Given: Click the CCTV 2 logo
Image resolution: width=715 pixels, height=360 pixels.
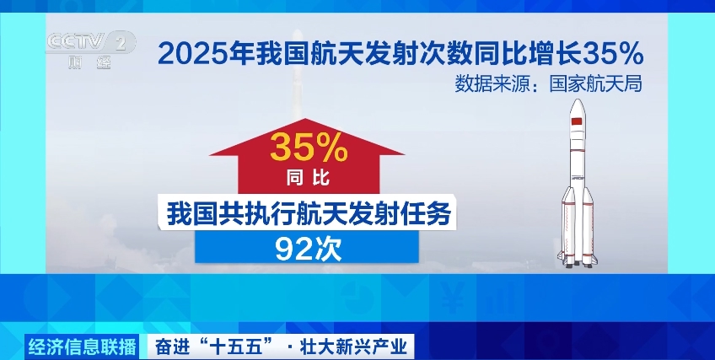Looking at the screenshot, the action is (91, 42).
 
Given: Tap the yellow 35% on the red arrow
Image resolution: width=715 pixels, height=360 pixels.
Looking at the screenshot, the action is (309, 148).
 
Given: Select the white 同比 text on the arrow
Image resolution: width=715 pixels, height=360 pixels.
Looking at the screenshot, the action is (309, 178).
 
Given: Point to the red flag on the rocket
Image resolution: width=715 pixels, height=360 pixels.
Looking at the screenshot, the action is (577, 121).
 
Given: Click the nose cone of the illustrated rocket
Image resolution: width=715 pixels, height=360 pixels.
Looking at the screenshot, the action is (578, 106).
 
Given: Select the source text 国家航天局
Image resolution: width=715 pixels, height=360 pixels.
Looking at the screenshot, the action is (595, 84).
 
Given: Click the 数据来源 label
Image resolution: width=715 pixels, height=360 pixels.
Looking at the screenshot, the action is (491, 84).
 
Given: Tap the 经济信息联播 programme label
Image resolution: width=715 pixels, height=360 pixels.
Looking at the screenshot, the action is (82, 347).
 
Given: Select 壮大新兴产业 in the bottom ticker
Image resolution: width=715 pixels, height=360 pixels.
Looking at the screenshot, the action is (352, 347).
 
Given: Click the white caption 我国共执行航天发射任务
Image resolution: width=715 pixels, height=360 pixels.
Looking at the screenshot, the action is (309, 214).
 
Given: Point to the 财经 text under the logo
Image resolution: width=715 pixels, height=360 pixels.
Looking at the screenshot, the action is (90, 62).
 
